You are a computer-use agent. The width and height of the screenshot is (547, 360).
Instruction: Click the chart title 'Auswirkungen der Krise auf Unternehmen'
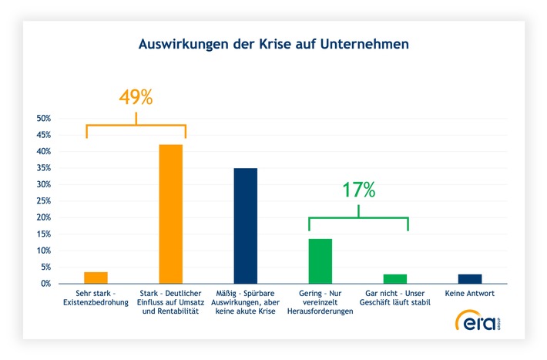coord(273,45)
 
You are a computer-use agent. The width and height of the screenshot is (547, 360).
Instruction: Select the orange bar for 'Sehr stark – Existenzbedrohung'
coord(96,278)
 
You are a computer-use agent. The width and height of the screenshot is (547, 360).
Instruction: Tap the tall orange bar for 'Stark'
coord(170,214)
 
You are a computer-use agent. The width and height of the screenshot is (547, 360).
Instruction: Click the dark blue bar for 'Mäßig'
coord(245,226)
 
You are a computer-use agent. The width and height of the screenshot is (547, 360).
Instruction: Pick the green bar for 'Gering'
coord(320,261)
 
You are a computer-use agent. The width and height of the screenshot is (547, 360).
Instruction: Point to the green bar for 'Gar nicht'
coord(394,278)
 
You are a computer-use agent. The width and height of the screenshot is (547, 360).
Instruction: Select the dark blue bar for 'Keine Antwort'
coord(469,278)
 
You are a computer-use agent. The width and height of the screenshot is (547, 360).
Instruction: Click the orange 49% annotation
coord(136,98)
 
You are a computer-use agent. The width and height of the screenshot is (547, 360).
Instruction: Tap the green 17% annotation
coord(358,190)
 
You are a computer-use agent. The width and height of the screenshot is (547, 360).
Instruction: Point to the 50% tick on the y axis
coord(43,119)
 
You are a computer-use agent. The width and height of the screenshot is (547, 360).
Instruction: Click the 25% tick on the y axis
coord(43,201)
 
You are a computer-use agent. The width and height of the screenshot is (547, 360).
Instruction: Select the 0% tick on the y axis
coord(45,284)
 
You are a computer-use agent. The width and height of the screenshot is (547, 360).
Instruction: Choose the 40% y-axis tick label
coord(43,152)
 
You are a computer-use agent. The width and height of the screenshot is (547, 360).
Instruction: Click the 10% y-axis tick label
coord(43,251)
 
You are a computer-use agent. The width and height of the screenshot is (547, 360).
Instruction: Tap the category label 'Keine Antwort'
coord(469,294)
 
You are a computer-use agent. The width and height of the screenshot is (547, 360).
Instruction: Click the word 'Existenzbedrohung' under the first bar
coord(96,302)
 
